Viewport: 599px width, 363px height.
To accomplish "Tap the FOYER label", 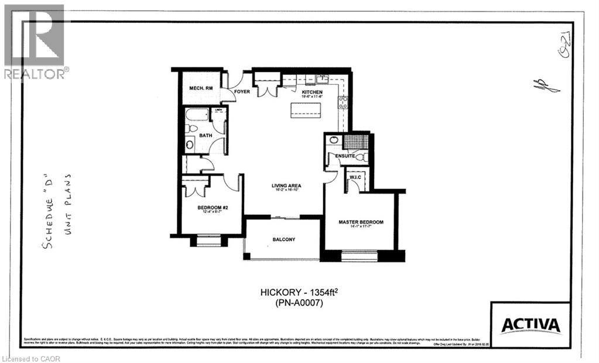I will [242, 91].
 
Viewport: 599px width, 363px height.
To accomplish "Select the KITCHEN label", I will [312, 92].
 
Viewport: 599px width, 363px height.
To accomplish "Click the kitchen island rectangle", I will [306, 108].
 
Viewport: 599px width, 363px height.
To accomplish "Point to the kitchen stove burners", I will [343, 102].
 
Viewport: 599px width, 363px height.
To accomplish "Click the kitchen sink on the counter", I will [321, 80].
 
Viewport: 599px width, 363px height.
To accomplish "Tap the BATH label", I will [206, 135].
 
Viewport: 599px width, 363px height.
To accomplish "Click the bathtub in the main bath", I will [197, 114].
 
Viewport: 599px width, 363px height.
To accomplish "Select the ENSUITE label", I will [345, 156].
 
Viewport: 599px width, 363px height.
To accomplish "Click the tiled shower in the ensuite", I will [355, 142].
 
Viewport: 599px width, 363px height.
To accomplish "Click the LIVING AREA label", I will [286, 187].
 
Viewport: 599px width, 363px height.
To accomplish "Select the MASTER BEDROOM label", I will [361, 222].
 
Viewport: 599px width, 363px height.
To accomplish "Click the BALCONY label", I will [284, 239].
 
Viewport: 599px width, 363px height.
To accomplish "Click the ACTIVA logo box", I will [530, 325].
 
